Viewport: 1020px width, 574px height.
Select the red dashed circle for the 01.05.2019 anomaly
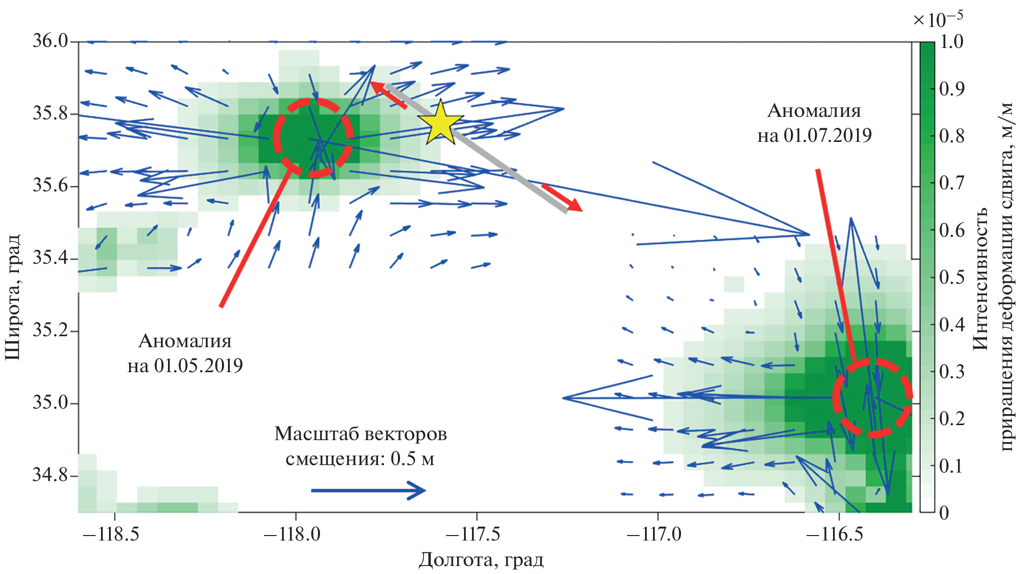[313, 138]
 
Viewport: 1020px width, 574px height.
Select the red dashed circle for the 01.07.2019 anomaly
[872, 398]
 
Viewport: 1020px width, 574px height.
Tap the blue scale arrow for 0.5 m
[368, 490]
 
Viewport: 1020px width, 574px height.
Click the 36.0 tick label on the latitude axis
[50, 41]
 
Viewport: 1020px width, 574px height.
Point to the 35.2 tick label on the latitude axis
[50, 331]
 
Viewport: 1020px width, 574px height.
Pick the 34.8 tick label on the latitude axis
[50, 475]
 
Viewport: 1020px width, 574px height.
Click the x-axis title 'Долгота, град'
[481, 560]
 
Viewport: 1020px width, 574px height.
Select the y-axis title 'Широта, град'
[12, 297]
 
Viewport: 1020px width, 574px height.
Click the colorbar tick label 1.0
[951, 41]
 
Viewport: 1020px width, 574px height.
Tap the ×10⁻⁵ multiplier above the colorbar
[937, 19]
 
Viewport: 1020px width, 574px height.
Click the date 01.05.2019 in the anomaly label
[198, 366]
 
